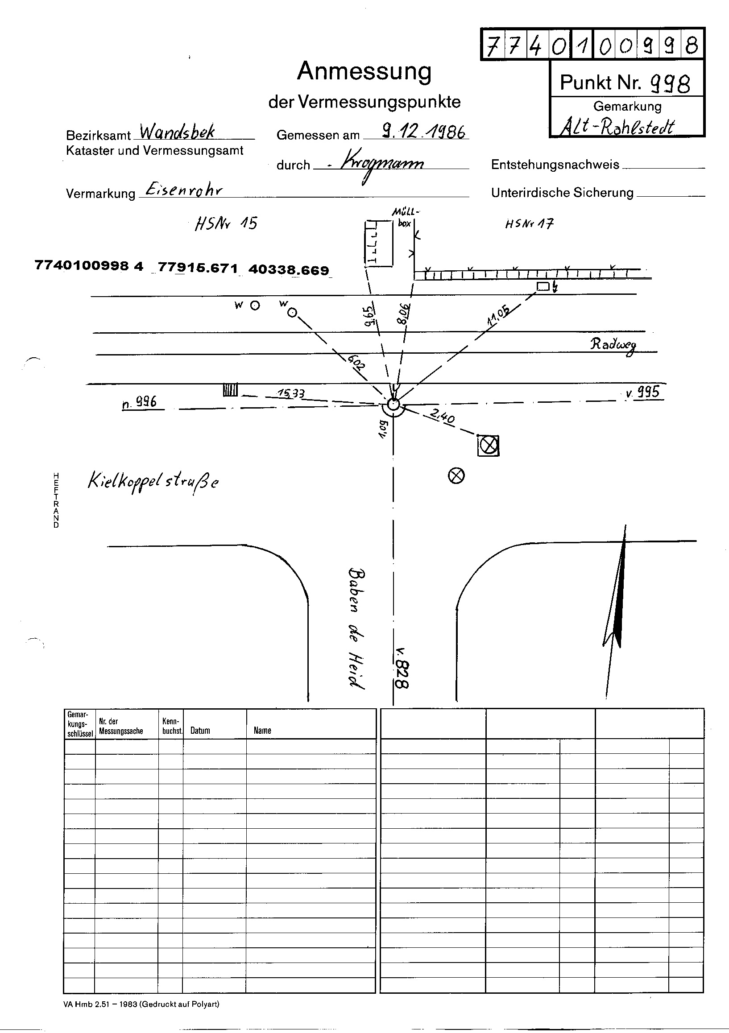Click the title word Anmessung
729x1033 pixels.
(x=364, y=71)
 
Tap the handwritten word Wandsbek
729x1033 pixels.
(x=177, y=132)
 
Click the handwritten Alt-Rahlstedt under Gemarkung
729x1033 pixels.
(x=617, y=127)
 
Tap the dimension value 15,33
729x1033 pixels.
(x=291, y=393)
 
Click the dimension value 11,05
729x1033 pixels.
(x=498, y=315)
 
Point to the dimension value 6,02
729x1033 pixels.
(x=355, y=361)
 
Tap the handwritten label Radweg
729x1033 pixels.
(x=614, y=345)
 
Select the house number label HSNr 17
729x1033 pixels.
(x=529, y=223)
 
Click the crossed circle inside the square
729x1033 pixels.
(x=488, y=446)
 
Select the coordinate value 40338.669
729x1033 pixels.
(x=289, y=269)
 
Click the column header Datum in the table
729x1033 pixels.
(x=200, y=730)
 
